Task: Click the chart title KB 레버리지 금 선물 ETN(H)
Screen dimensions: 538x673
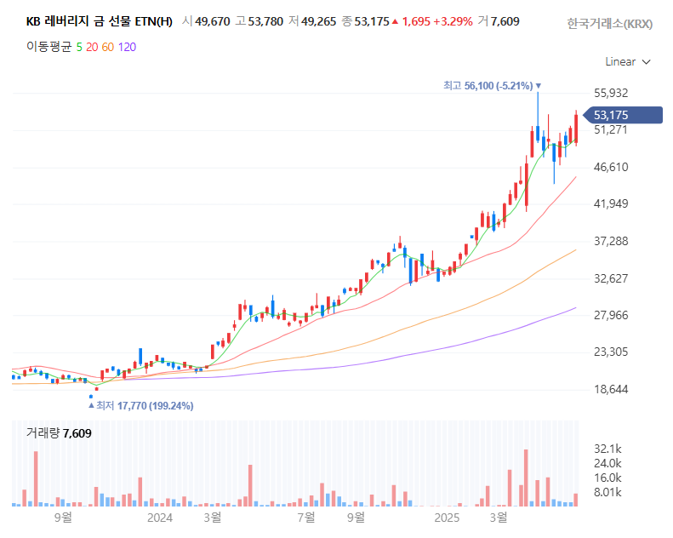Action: coord(99,21)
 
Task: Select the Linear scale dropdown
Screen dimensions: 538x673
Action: coord(627,61)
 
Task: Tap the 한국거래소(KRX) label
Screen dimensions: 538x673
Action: coord(609,24)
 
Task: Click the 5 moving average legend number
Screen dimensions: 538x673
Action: coord(79,47)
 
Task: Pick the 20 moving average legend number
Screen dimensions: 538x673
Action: coord(91,47)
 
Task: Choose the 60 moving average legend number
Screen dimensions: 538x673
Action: coord(107,47)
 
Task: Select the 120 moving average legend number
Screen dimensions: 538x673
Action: coord(127,47)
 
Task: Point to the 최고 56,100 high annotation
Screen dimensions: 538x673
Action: coord(488,86)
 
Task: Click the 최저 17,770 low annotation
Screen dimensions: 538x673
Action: coord(145,406)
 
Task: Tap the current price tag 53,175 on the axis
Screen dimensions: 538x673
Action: coord(611,115)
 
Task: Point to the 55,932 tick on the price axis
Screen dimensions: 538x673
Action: coord(611,93)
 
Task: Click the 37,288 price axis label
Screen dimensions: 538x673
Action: coord(611,241)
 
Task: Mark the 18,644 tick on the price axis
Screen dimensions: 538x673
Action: coord(611,389)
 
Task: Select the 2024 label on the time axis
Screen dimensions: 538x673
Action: coord(160,517)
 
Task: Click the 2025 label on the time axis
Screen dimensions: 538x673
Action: coord(447,517)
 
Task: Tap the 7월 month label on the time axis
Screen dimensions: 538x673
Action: coord(306,517)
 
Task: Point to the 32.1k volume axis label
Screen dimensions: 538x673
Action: coord(607,449)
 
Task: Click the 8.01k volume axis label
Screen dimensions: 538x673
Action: coord(607,492)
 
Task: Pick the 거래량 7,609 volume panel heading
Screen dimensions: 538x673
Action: coord(59,433)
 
